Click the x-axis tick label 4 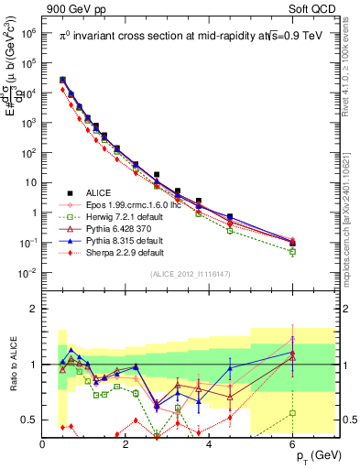(x=210, y=443)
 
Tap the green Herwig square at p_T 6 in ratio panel (x=292, y=413)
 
